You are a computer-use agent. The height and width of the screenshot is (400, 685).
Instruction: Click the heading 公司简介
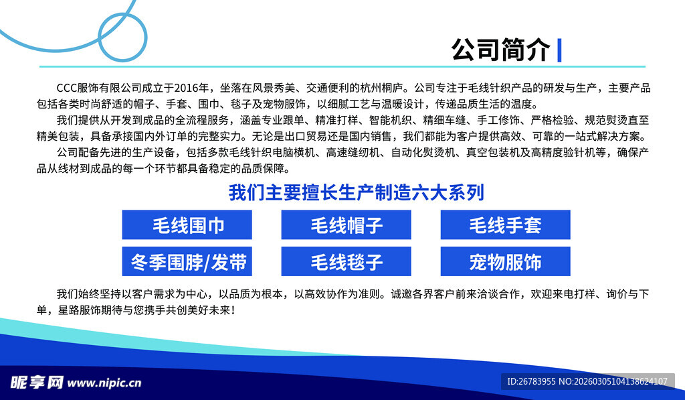pos(500,49)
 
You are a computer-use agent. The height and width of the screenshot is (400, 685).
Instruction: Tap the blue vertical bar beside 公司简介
pos(559,50)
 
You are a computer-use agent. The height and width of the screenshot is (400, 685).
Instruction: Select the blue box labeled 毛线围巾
pos(187,224)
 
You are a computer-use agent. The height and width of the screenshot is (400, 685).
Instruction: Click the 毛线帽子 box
pos(346,224)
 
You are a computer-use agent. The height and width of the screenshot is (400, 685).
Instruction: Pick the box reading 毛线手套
pos(505,224)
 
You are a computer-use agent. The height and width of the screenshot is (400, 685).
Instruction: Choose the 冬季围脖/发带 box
pos(187,261)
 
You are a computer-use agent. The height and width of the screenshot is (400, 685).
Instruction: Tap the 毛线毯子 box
pos(346,261)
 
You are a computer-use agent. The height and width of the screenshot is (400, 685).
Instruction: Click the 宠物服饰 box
pos(505,261)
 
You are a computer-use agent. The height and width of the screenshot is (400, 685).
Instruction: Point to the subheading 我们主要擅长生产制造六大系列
pos(356,193)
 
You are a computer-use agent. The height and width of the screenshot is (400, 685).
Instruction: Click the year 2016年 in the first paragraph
pos(194,88)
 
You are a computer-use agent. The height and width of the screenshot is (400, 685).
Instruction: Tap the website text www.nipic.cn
pos(104,383)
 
